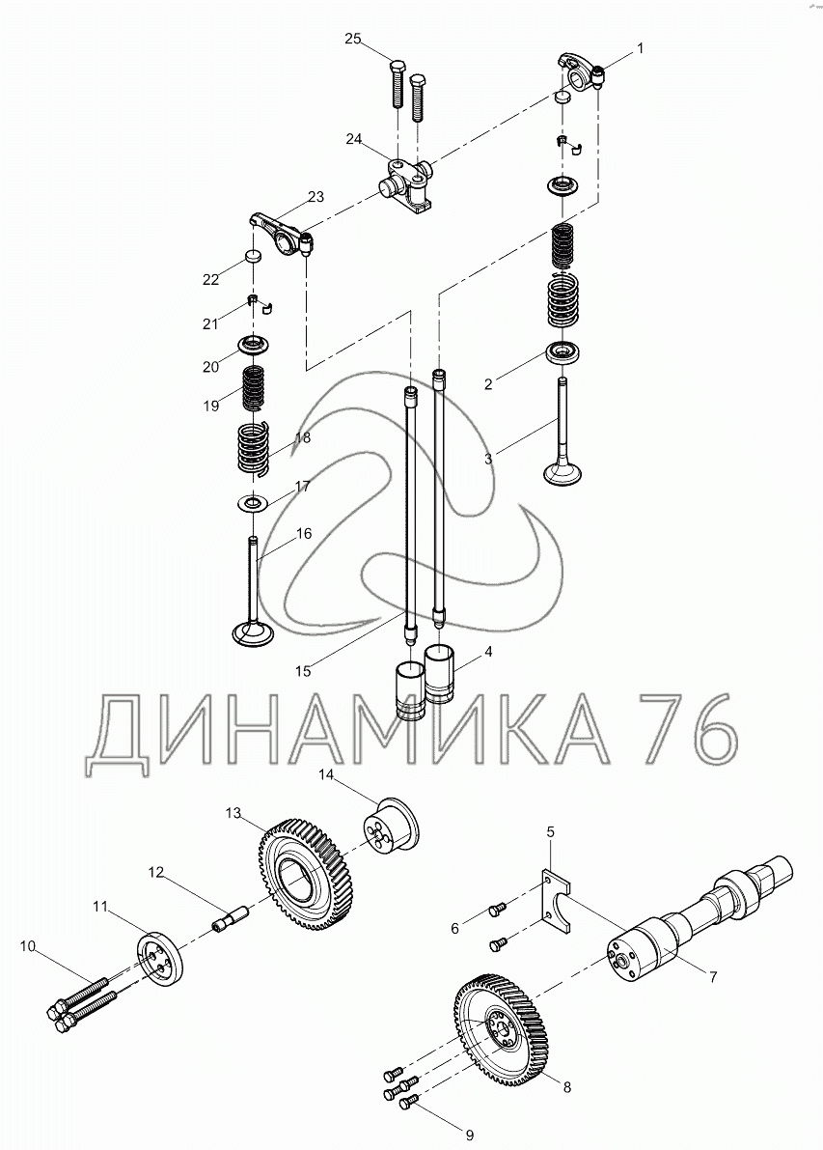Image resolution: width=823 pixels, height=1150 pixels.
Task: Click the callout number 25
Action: (352, 39)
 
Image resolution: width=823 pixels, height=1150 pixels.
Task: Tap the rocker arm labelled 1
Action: (582, 70)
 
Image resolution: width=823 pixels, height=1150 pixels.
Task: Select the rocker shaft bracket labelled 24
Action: (407, 187)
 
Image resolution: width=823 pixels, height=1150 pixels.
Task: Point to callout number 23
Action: (315, 197)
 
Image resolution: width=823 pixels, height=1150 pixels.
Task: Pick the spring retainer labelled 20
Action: (254, 343)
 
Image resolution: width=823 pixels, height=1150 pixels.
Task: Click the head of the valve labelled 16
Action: (253, 632)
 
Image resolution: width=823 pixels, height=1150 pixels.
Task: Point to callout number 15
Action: (303, 670)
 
